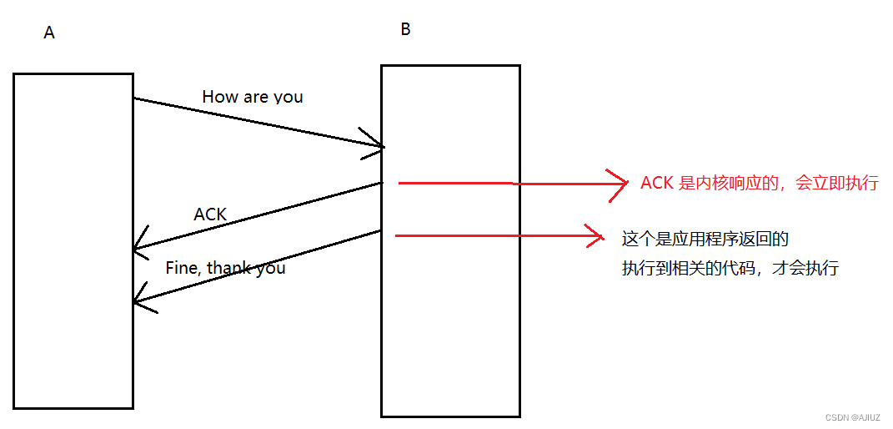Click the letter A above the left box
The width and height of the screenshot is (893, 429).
point(49,33)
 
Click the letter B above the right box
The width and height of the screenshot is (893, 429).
point(405,29)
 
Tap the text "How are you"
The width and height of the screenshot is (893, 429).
point(252,97)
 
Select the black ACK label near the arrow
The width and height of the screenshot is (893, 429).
point(210,214)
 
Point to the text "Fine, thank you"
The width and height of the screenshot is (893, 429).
point(225,268)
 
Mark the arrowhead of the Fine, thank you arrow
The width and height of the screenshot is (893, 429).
point(138,302)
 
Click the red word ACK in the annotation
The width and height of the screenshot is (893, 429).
point(657,183)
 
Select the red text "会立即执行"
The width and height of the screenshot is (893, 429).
point(837,183)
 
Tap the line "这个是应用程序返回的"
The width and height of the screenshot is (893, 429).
point(705,240)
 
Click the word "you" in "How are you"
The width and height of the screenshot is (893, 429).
point(288,97)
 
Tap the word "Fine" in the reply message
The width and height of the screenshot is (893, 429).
point(182,268)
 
